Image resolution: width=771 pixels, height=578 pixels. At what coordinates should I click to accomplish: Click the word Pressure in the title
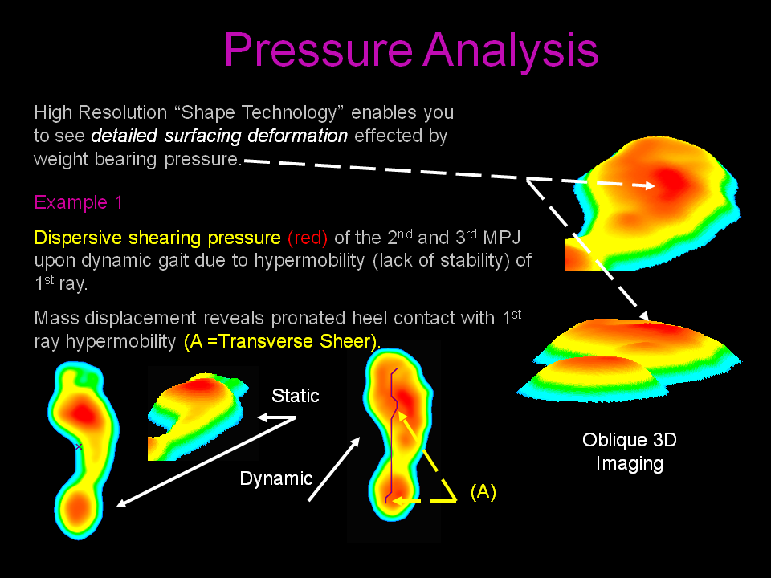(x=318, y=49)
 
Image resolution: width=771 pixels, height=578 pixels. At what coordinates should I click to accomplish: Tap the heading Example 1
(x=78, y=202)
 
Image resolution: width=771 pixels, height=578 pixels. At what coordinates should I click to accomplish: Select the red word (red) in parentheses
(x=308, y=238)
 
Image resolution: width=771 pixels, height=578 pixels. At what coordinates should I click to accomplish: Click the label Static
(x=295, y=396)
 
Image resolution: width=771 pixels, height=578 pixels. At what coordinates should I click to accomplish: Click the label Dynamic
(x=275, y=478)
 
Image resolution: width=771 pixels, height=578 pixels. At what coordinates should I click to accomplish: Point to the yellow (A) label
(x=483, y=491)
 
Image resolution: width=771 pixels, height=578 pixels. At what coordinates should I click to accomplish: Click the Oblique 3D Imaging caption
(x=630, y=452)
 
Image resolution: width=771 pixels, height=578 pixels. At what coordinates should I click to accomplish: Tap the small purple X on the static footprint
(x=79, y=447)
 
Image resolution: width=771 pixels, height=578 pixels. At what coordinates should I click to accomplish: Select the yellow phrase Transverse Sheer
(x=295, y=341)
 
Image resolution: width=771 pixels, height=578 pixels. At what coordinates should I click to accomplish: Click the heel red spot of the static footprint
(x=78, y=507)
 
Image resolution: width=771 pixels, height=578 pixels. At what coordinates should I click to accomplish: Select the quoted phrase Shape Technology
(x=259, y=113)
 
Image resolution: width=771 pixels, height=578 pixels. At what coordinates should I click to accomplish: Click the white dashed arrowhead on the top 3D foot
(x=649, y=185)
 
